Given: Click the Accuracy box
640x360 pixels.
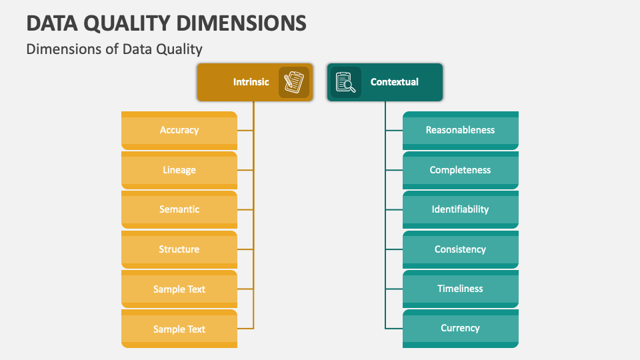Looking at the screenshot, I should coord(179,130).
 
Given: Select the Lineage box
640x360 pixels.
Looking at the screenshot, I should coord(179,170).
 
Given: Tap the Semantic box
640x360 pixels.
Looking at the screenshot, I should coord(179,209).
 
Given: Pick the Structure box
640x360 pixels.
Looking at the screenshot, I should coord(179,249).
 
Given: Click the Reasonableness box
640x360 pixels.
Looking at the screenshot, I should coord(460,130).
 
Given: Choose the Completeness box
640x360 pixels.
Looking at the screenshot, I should coord(460,170).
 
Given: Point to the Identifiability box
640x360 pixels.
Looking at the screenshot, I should coord(460,209).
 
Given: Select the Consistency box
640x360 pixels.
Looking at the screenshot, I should coord(460,249).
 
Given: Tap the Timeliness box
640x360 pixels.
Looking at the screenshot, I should coord(460,289).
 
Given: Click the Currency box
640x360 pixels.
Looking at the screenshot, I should coord(460,328).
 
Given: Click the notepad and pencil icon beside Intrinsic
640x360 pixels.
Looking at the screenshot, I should coord(294,82).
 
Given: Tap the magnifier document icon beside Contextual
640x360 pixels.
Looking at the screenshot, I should coord(345,82).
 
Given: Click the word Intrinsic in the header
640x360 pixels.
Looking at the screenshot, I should coord(251,82).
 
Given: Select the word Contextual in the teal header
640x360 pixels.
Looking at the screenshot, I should coord(395,82).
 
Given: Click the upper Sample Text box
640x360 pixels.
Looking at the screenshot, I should coord(179,289).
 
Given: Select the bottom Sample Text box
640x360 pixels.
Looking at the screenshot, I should coord(179,329).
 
